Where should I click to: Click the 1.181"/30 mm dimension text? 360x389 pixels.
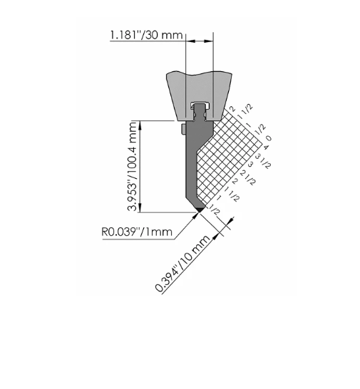tap(146, 35)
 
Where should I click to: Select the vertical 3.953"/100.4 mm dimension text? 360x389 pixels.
tap(133, 167)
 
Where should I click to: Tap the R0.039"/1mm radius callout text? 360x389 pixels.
tap(137, 232)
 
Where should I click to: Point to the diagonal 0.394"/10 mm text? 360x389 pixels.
tap(182, 264)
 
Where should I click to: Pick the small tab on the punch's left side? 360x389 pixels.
tap(183, 130)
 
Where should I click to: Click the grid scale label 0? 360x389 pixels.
tap(269, 138)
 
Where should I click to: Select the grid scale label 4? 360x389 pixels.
tap(266, 147)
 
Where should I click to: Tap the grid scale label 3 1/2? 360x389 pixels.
tap(262, 161)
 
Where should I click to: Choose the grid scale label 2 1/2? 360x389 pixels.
tap(247, 177)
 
